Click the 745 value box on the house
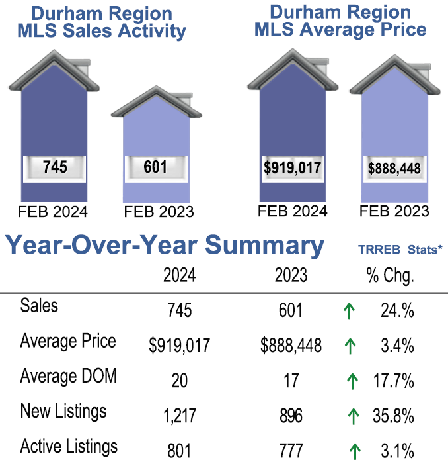pyautogui.click(x=54, y=167)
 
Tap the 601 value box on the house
pyautogui.click(x=155, y=167)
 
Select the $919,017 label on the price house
pyautogui.click(x=292, y=167)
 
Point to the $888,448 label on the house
pyautogui.click(x=394, y=168)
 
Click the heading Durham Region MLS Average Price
pyautogui.click(x=340, y=21)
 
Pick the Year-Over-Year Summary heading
pyautogui.click(x=165, y=246)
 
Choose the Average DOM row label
pyautogui.click(x=69, y=377)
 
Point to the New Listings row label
pyautogui.click(x=63, y=412)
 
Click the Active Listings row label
pyautogui.click(x=69, y=446)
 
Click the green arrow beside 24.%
pyautogui.click(x=350, y=310)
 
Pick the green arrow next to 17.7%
pyautogui.click(x=353, y=381)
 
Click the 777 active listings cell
pyautogui.click(x=290, y=451)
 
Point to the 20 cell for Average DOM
pyautogui.click(x=179, y=381)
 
